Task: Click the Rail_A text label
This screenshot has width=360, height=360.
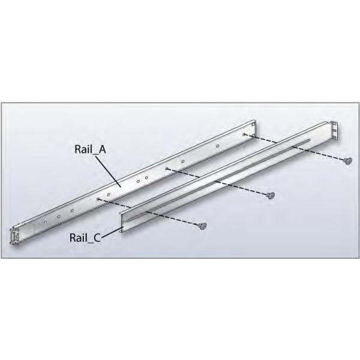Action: point(90,149)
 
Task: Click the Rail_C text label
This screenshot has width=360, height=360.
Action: point(85,238)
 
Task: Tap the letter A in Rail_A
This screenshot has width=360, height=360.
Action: point(102,149)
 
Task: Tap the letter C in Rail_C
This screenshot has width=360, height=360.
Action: point(97,238)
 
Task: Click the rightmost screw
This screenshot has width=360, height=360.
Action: point(348,161)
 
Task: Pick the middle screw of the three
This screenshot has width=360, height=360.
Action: point(271,196)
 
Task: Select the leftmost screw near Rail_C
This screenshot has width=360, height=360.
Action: point(202,226)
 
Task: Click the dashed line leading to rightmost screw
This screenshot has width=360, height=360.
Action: point(294,148)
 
